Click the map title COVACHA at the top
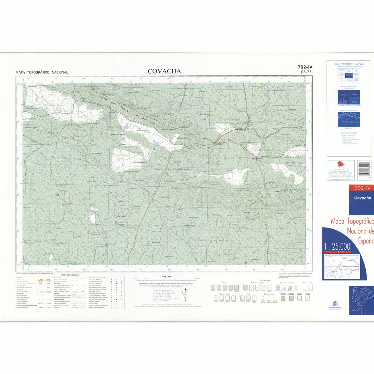pos(164,71)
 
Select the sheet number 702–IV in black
pos(305,67)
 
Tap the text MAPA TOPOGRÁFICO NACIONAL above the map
pos(42,72)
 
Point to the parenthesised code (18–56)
pos(306,72)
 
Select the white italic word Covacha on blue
pos(363,198)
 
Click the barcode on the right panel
pos(365,171)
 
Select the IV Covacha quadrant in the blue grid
pos(354,101)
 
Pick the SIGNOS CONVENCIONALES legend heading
pos(70,275)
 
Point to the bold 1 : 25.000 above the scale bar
pos(165,276)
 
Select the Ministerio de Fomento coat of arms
pos(335,303)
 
